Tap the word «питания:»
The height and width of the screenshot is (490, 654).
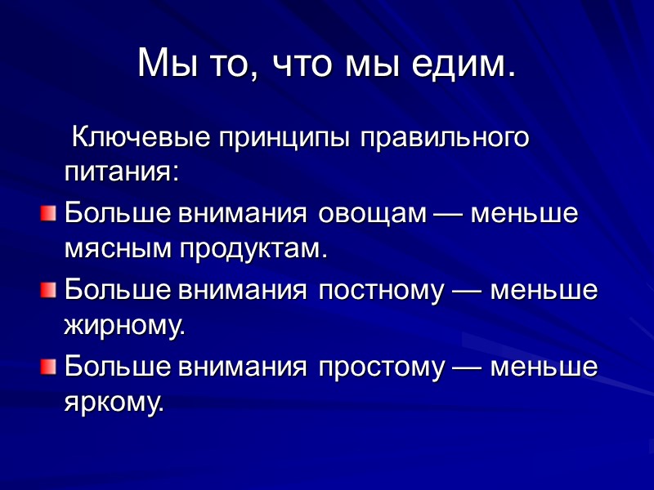pos(121,172)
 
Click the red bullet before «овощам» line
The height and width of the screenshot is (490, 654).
pos(47,214)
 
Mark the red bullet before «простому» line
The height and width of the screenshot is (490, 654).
pos(47,367)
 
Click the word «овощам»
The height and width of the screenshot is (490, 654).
pos(372,214)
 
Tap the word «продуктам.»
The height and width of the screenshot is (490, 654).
pos(249,249)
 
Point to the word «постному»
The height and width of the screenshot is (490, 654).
pos(379,290)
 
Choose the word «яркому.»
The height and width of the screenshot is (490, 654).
pos(114,401)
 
